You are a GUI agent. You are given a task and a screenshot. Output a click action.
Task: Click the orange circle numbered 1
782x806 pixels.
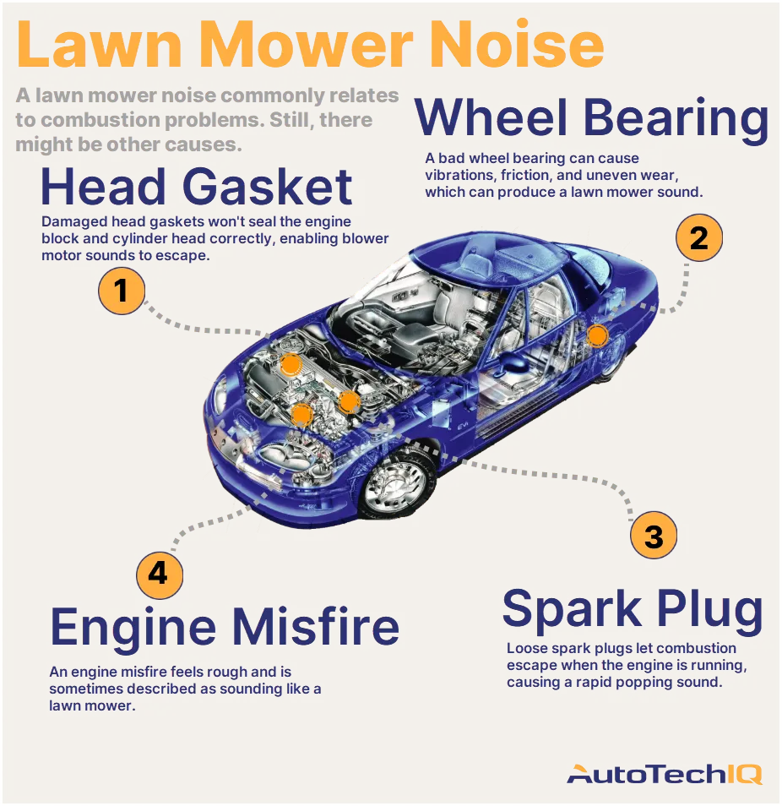tap(122, 291)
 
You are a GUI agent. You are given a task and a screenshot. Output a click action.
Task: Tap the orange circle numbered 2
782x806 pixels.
tap(698, 237)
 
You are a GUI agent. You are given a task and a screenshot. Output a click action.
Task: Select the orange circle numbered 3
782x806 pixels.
tap(654, 535)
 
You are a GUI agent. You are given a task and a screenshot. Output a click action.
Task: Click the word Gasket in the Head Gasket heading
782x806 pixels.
tap(267, 186)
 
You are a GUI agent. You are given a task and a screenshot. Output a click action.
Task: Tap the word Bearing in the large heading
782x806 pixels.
tap(676, 118)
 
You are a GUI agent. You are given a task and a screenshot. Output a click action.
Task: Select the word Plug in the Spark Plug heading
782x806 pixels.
tap(709, 610)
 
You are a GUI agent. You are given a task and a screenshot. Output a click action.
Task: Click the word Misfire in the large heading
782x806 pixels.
tap(317, 626)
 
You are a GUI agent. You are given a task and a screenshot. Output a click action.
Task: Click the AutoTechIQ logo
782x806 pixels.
tap(665, 774)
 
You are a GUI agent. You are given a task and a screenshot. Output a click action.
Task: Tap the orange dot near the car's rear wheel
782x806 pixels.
tap(597, 335)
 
